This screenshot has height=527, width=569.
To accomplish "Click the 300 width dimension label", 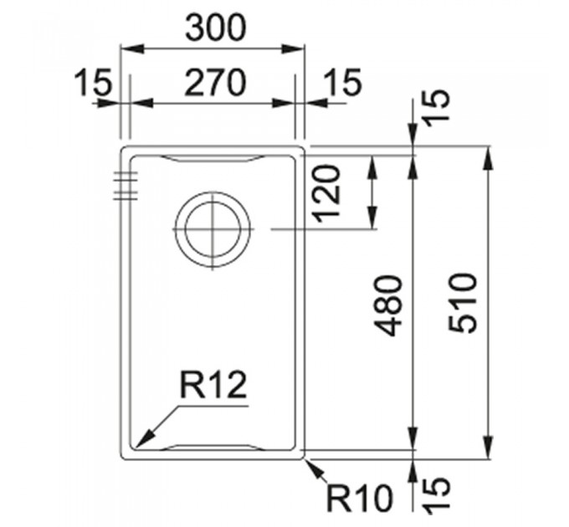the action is click(216, 28).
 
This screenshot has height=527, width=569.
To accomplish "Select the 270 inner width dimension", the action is click(215, 84).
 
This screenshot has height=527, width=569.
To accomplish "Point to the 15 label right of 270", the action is click(343, 82).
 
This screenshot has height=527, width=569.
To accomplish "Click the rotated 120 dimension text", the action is click(328, 194).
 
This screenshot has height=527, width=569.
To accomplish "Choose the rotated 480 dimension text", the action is click(389, 306).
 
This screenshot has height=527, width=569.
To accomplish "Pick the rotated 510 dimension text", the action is click(462, 303).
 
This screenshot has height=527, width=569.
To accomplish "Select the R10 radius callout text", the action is click(360, 499).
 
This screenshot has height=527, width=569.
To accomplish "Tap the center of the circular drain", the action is click(213, 229).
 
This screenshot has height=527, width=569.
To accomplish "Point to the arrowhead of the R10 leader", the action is click(314, 467).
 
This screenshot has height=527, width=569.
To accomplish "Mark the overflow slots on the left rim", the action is click(126, 186).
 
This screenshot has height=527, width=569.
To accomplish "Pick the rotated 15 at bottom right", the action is click(438, 495).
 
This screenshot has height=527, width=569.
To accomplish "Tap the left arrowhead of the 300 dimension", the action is click(132, 49).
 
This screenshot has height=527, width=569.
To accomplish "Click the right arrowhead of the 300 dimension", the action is click(293, 49).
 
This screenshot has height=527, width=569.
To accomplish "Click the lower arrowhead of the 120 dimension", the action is click(373, 217).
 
